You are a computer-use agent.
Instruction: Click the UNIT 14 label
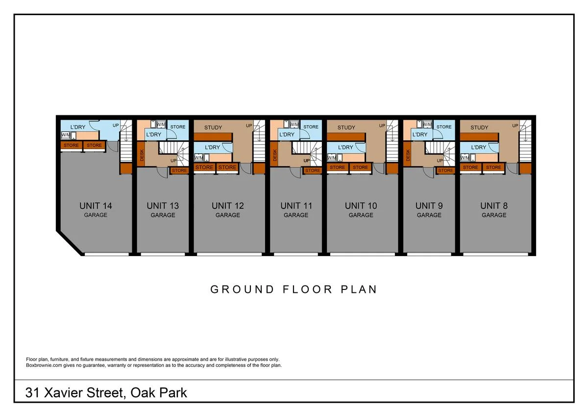point(96,206)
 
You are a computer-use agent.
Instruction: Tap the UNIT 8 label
point(494,206)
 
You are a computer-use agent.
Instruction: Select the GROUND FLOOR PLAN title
point(294,289)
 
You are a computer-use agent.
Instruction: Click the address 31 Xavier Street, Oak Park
point(106,392)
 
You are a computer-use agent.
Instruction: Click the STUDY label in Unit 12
point(213,128)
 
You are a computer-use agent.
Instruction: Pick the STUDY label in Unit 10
point(346,128)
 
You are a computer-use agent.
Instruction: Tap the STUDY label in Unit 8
point(479,128)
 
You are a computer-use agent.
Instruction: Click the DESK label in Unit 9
point(408,156)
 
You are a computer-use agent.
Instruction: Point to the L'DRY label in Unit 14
point(78,127)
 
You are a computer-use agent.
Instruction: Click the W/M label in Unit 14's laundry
point(65,135)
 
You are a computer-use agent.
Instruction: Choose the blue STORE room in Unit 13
point(178,127)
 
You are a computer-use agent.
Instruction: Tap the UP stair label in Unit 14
point(116,125)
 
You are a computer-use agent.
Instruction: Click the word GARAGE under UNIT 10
point(361,215)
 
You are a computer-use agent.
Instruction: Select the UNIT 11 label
point(296,206)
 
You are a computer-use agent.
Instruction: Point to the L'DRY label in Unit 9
point(420,134)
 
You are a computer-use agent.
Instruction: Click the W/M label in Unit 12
point(198,157)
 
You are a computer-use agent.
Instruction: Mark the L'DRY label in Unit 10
point(345,147)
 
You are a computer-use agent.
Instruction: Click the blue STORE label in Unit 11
point(311,127)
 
